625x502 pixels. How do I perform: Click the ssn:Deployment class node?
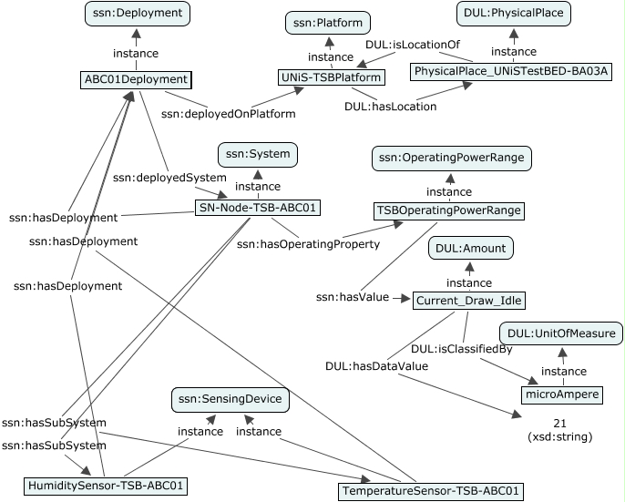[x=137, y=13]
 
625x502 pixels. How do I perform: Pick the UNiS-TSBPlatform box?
[x=332, y=79]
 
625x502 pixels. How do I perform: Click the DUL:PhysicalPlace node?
[x=513, y=13]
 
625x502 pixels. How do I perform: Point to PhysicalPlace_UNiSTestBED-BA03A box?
[x=511, y=71]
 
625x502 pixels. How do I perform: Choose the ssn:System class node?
[x=256, y=154]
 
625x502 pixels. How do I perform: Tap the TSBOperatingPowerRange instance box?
[x=448, y=210]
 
